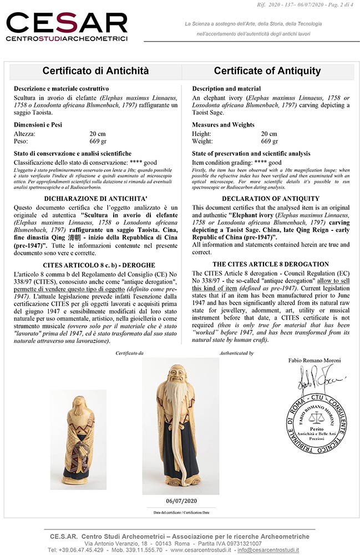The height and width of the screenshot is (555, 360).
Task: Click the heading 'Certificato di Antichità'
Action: click(95, 71)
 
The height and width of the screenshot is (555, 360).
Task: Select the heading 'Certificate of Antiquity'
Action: click(267, 71)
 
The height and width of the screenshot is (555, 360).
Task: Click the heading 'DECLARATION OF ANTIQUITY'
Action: click(267, 199)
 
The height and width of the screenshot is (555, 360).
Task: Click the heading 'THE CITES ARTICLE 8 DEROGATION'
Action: click(267, 264)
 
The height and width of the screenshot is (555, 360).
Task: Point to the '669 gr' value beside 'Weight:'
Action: click(269, 142)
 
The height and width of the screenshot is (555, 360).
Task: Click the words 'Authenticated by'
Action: click(236, 353)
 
